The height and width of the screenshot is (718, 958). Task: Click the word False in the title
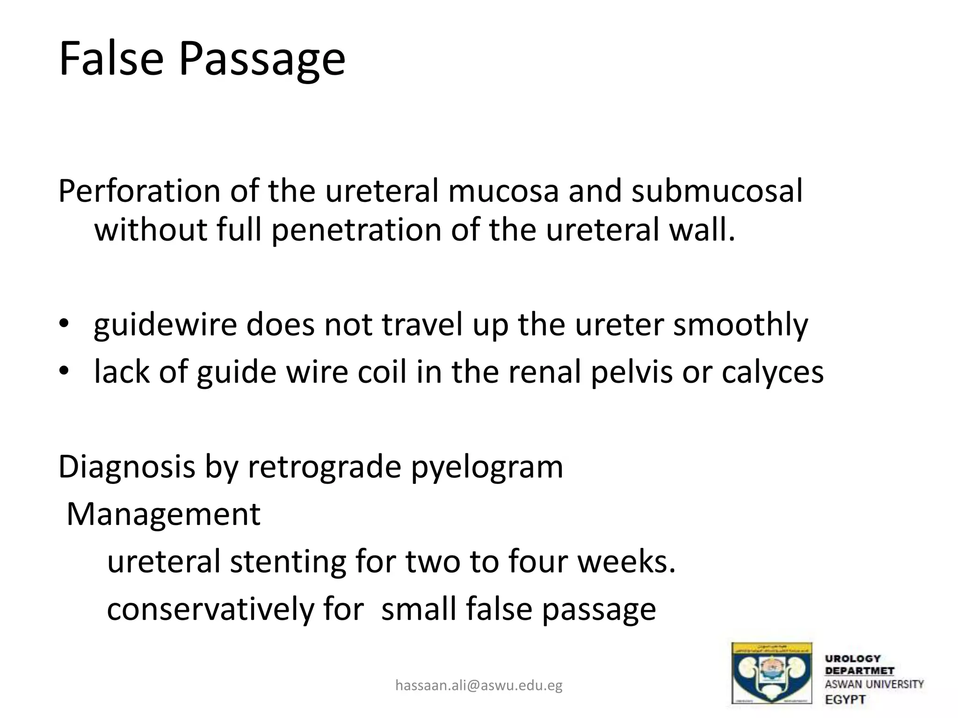click(111, 59)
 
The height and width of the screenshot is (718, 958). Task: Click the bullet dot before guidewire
click(64, 323)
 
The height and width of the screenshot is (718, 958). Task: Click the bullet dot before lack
click(64, 371)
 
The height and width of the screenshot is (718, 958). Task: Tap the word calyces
click(772, 373)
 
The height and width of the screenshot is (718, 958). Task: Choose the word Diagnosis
click(126, 467)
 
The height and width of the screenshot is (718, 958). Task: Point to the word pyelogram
click(487, 467)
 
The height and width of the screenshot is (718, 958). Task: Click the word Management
click(163, 514)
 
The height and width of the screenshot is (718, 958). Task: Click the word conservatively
click(210, 609)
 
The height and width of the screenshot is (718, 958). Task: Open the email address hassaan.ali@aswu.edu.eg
click(479, 685)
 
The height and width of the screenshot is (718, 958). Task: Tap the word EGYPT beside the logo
click(845, 700)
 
